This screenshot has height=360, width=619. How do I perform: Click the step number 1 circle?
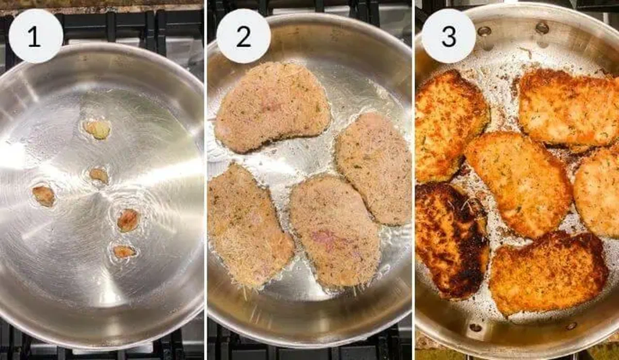pos(36,36)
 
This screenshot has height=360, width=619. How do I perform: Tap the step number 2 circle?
pos(243,36)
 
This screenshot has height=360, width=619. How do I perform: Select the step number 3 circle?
pos(449,36)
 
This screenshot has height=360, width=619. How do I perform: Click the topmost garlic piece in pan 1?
pos(97,129)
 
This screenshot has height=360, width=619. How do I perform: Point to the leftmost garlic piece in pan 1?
pos(44,195)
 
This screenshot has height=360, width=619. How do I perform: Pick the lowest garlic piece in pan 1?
pos(124,252)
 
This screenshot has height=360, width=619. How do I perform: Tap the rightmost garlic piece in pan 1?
pos(128,220)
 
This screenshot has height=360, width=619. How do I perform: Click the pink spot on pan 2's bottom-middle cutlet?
pos(324,238)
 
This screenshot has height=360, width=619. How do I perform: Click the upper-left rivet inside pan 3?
pos(484,31)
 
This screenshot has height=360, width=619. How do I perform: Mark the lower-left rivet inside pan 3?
pos(476,327)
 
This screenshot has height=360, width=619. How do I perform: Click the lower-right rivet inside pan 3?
pos(570,326)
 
